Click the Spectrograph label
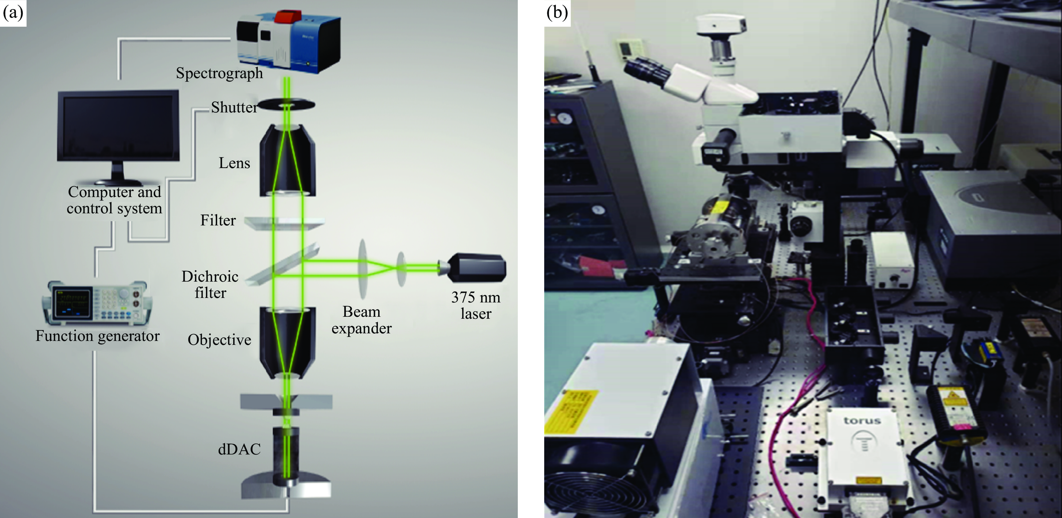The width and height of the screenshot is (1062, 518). (219, 73)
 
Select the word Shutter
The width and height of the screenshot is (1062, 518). (234, 107)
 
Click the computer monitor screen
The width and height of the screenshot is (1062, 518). (118, 126)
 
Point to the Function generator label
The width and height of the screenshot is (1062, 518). (97, 336)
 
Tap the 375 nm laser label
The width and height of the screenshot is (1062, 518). (476, 305)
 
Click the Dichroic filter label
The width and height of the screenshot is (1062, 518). (210, 284)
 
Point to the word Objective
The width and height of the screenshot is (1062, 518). (219, 340)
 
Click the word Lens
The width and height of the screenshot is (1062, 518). (234, 163)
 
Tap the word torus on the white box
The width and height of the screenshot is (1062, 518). (862, 421)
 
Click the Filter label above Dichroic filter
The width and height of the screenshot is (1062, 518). (218, 220)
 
